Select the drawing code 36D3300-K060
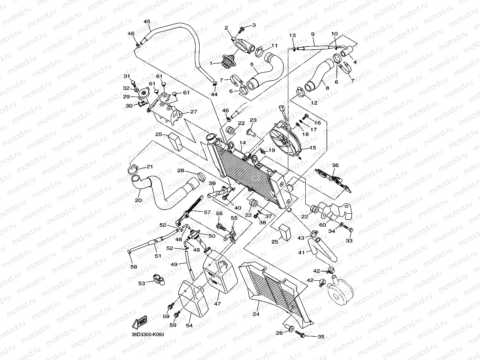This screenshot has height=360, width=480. tap(148, 335)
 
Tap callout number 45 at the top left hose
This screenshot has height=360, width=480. tap(147, 21)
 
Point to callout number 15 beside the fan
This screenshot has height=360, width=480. tap(313, 148)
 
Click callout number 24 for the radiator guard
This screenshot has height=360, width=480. tap(256, 314)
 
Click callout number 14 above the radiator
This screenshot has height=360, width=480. tap(243, 142)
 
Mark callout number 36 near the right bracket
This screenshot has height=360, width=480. tap(335, 166)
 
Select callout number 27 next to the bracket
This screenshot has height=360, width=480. tap(193, 112)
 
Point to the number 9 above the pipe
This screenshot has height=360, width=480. tap(312, 34)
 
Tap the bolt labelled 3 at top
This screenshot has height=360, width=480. tap(242, 29)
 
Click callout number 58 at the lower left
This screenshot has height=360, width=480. tap(134, 267)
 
